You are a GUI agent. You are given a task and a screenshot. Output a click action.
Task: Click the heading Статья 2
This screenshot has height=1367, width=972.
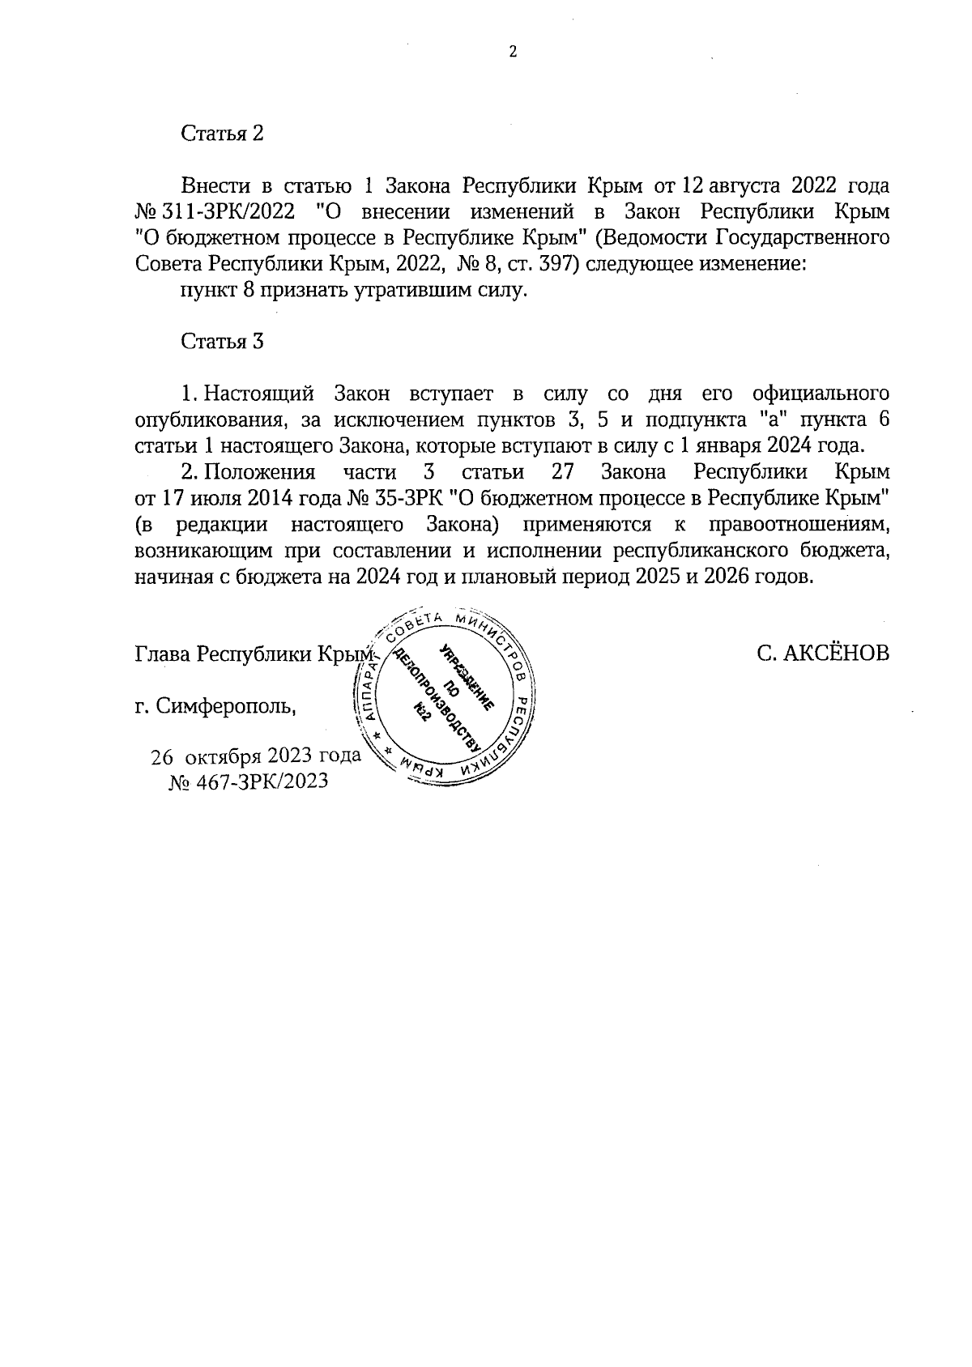point(223,134)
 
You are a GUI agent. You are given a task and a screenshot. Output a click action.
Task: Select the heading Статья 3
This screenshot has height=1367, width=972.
point(223,341)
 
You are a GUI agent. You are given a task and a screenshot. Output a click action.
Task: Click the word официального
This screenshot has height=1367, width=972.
point(821,394)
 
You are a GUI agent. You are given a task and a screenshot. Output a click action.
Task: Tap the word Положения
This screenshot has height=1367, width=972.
point(258,472)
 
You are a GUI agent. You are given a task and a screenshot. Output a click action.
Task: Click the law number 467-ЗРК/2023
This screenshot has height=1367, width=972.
point(259,782)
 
